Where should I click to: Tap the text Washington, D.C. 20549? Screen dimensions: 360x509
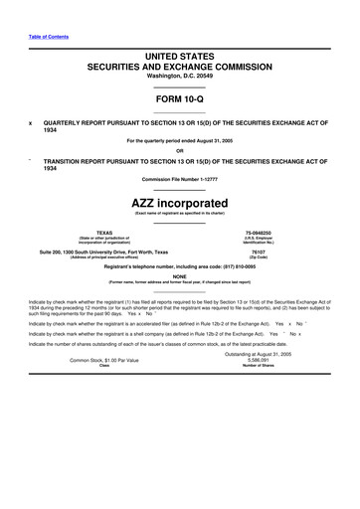pos(179,75)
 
